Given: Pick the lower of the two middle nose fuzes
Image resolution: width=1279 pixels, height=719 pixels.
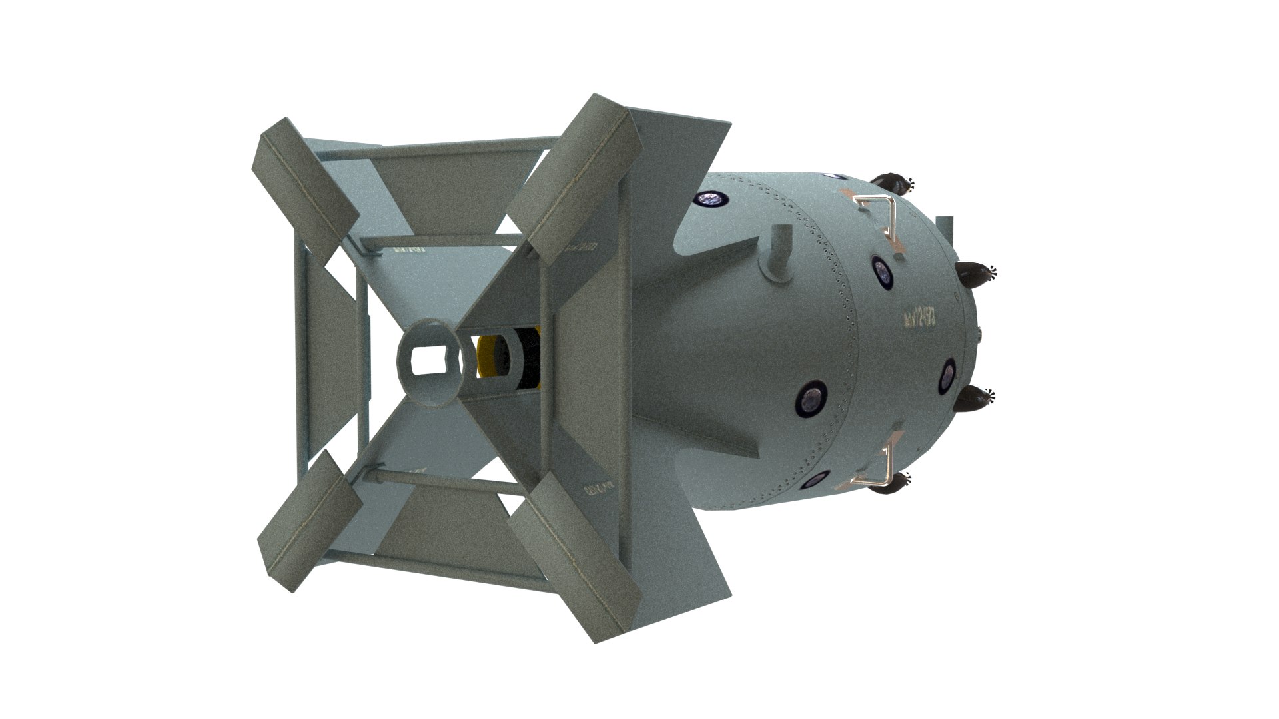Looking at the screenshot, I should coord(975,399).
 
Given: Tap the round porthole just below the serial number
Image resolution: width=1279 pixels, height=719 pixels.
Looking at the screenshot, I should coord(947,374).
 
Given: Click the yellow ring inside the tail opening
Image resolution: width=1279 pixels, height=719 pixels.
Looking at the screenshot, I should coord(486,364).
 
